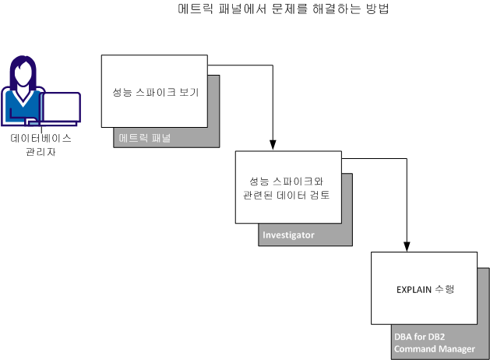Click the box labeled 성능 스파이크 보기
(x=154, y=91)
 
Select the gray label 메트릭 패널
(x=145, y=138)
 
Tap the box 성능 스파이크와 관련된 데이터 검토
(x=288, y=188)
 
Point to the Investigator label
(x=289, y=235)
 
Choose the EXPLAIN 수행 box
(x=424, y=288)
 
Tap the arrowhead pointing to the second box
(x=273, y=145)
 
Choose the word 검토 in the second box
(x=320, y=196)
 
